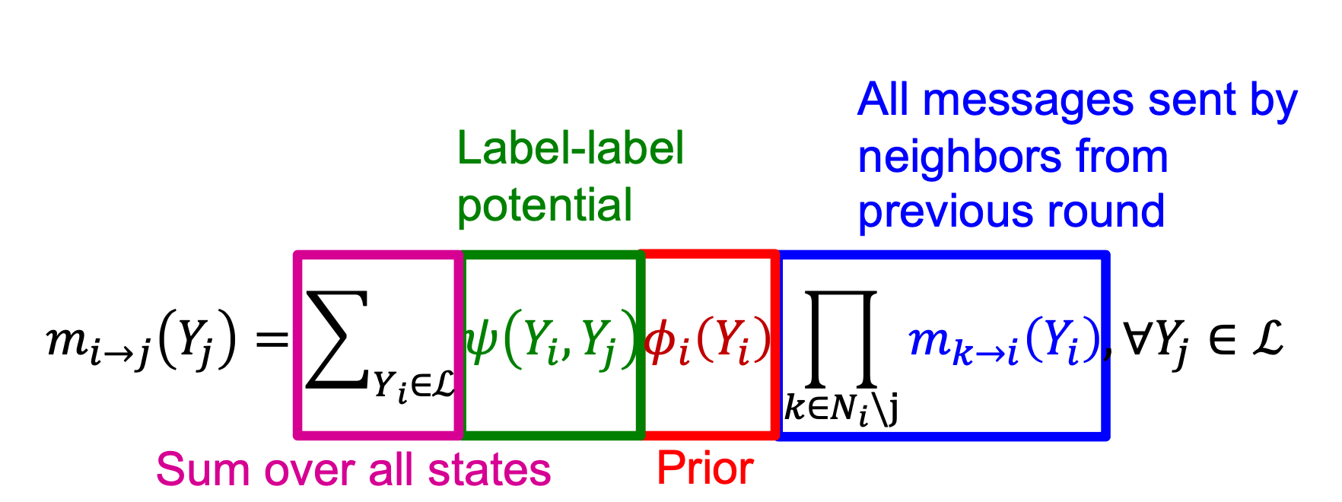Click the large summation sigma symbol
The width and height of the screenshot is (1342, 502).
[x=336, y=340]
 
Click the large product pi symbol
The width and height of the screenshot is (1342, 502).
[x=841, y=339]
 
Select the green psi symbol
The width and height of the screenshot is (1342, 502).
[x=481, y=340]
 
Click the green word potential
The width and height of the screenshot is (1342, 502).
[x=545, y=205]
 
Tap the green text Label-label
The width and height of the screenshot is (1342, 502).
[x=571, y=148]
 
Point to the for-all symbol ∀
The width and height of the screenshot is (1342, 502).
[x=1137, y=340]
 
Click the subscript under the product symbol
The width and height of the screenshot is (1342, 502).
[x=841, y=409]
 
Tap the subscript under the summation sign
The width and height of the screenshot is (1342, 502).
[x=413, y=386]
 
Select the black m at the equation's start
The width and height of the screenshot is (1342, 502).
[x=66, y=340]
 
